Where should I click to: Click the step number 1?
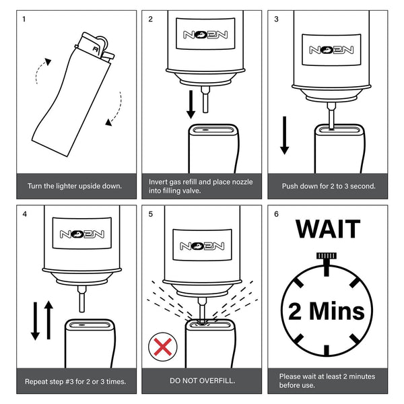click(25, 19)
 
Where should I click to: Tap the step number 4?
click(25, 215)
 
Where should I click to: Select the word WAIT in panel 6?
click(328, 228)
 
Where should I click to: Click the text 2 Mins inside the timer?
click(327, 310)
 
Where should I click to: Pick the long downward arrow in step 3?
click(285, 135)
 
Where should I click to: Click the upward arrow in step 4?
click(47, 320)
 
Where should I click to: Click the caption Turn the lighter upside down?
click(75, 185)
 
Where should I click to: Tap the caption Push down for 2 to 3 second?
click(328, 185)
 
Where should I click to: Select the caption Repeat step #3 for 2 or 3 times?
click(75, 381)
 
